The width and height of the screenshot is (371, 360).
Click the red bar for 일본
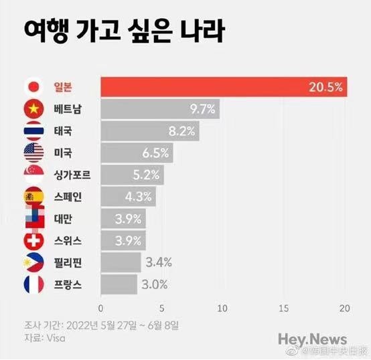click(x=224, y=87)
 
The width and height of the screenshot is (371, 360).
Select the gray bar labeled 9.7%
click(x=160, y=109)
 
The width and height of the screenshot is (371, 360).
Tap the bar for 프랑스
click(x=119, y=284)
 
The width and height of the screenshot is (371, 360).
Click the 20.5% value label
click(x=325, y=87)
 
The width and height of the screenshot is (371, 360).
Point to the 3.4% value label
click(x=159, y=262)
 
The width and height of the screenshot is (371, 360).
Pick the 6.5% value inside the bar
click(x=155, y=153)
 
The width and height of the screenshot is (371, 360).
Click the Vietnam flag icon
click(x=34, y=109)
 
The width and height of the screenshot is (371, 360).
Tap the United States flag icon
click(x=34, y=153)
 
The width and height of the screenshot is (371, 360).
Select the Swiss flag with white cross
click(x=34, y=241)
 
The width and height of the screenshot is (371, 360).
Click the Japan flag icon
click(x=34, y=87)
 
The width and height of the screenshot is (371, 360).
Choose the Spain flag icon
click(x=34, y=197)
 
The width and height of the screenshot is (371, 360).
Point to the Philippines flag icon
click(x=33, y=262)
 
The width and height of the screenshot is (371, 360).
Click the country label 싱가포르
click(x=72, y=175)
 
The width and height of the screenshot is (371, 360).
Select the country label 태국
click(x=63, y=131)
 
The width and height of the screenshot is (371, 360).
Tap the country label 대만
click(x=63, y=219)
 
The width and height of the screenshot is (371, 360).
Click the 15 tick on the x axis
click(x=284, y=308)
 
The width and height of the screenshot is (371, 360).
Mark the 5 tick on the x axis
click(x=162, y=308)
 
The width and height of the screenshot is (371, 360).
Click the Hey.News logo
click(x=313, y=340)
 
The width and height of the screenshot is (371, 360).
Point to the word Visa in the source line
click(x=56, y=339)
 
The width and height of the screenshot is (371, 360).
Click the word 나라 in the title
click(x=202, y=31)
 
